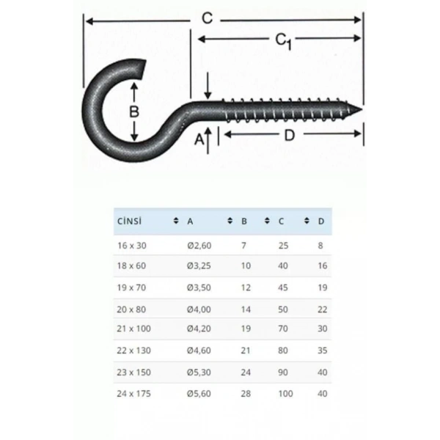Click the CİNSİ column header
128,221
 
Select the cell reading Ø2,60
199,246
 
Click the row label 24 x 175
133,394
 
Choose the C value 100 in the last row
285,394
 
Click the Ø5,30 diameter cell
199,373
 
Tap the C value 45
283,287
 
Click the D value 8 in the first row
320,246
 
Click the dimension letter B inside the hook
134,112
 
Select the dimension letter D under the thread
289,134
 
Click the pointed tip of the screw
362,111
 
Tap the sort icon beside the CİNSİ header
175,221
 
